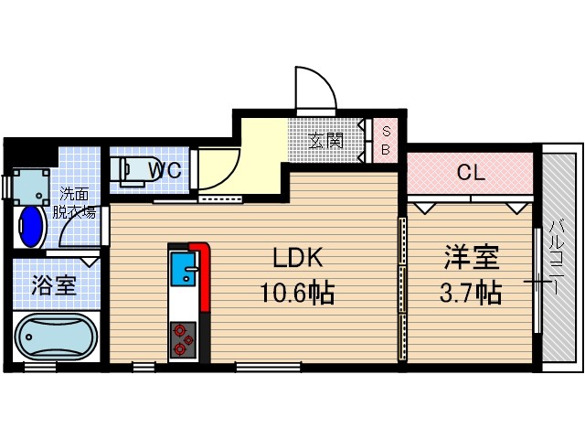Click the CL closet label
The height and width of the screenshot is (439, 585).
coord(470,172)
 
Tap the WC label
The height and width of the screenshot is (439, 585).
coord(166,169)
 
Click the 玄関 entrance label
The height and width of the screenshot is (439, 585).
coord(325,141)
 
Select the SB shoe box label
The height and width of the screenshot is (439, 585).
coord(385,141)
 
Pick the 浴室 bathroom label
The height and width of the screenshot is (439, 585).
coord(55,285)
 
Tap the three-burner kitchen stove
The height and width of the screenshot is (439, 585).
coord(181,338)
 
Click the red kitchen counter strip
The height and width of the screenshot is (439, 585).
coord(203,284)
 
